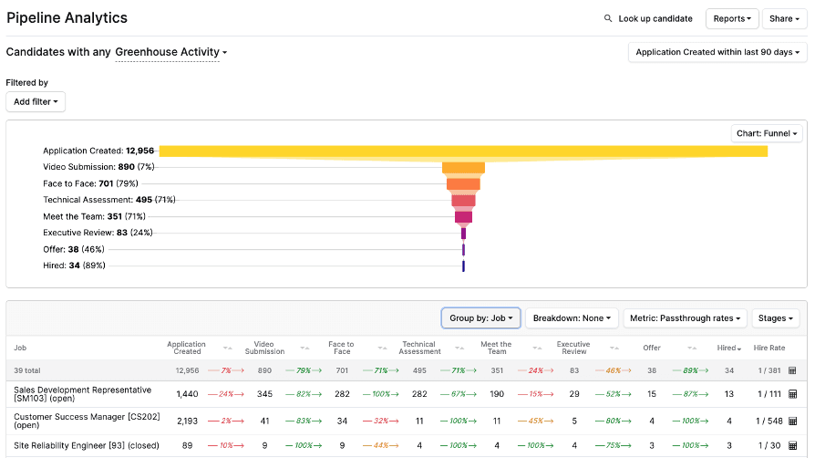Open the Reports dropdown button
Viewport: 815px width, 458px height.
tap(732, 18)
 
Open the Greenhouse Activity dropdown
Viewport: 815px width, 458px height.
tap(170, 53)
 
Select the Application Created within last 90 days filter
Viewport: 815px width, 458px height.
tap(717, 53)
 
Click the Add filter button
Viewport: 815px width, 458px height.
tap(36, 102)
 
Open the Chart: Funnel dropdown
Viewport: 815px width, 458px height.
tap(767, 134)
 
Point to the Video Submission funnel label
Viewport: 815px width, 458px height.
tap(88, 167)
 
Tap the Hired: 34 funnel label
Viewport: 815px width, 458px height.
tap(74, 265)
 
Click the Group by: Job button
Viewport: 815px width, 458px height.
tap(480, 318)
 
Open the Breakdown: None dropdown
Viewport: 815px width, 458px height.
tap(572, 318)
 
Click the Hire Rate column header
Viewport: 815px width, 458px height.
tap(769, 348)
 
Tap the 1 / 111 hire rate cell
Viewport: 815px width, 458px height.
tap(769, 393)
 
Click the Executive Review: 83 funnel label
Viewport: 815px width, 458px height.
tap(85, 233)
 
